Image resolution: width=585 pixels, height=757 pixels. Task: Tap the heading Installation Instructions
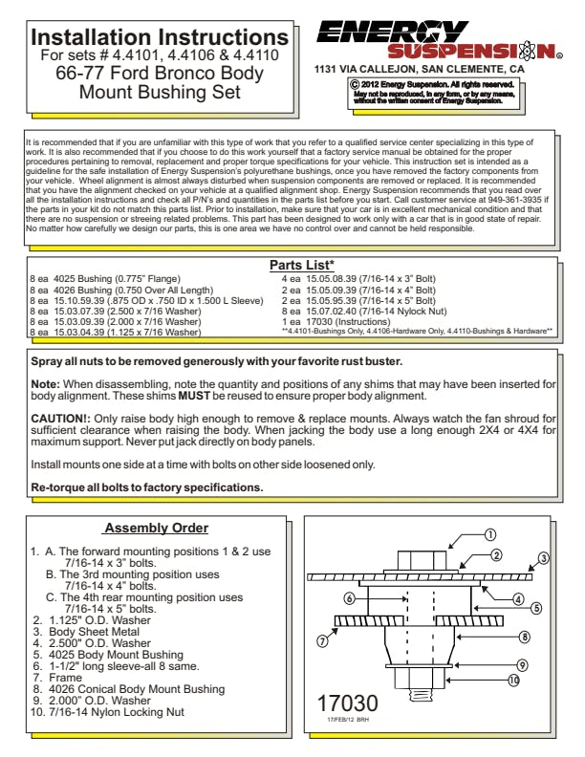point(160,37)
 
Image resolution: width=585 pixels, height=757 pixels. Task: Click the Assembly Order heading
point(156,529)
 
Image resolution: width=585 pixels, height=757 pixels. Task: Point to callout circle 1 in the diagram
point(489,535)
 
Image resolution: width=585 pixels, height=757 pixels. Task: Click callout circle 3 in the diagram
point(543,558)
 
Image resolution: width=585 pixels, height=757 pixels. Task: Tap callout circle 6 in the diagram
point(350,598)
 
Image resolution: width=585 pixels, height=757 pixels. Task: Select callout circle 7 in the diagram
point(322,640)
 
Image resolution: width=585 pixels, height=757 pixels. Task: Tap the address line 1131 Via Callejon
point(419,70)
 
